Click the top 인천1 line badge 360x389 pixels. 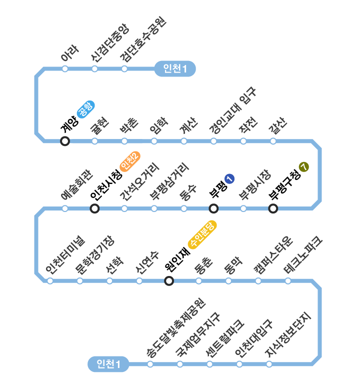174,68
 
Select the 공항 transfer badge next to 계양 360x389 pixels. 85,109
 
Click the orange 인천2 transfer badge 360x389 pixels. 129,161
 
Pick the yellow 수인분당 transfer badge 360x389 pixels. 201,234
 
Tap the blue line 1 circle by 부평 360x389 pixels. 229,178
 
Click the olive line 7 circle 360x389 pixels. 303,167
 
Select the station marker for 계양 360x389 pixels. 65,141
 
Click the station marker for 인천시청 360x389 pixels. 94,208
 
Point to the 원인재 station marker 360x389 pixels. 169,281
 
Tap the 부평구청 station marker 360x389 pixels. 273,208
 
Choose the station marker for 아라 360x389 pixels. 65,68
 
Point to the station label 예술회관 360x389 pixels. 76,185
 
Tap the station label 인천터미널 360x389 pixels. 65,255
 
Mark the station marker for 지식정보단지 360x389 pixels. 269,364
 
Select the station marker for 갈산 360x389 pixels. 273,141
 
